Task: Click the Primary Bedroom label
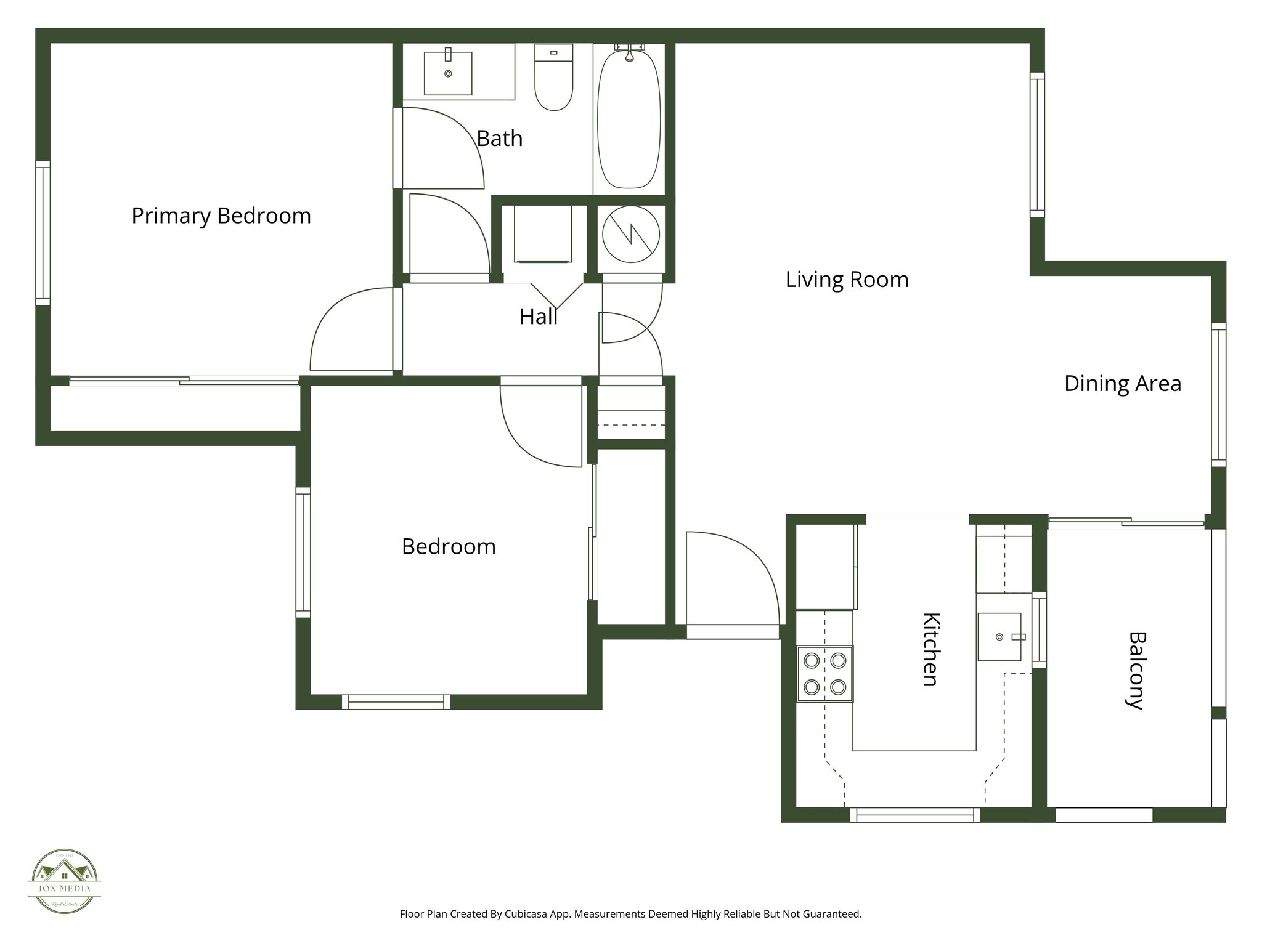pyautogui.click(x=221, y=216)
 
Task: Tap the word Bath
pyautogui.click(x=499, y=139)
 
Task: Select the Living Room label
pyautogui.click(x=847, y=280)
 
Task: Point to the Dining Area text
pyautogui.click(x=1122, y=384)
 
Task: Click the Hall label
pyautogui.click(x=538, y=317)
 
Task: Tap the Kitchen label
pyautogui.click(x=930, y=649)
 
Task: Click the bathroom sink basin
pyautogui.click(x=448, y=73)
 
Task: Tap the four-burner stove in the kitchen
pyautogui.click(x=825, y=674)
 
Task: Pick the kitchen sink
pyautogui.click(x=999, y=637)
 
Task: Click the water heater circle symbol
pyautogui.click(x=630, y=234)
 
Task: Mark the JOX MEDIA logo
pyautogui.click(x=65, y=881)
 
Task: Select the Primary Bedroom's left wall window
pyautogui.click(x=43, y=233)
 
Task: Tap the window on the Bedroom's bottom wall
pyautogui.click(x=396, y=702)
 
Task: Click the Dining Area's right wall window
pyautogui.click(x=1218, y=394)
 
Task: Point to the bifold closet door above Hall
pyautogui.click(x=556, y=295)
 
